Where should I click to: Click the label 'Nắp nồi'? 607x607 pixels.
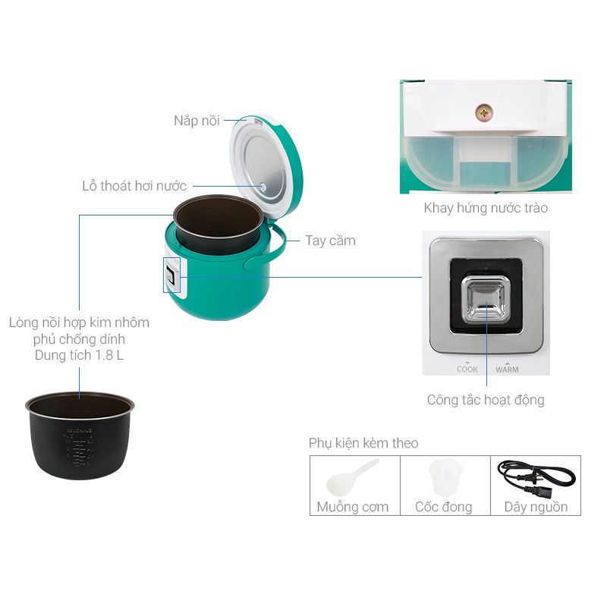(197, 121)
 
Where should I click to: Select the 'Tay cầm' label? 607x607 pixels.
(330, 241)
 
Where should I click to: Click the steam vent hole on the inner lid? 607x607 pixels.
(263, 185)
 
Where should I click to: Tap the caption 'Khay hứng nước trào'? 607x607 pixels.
(486, 208)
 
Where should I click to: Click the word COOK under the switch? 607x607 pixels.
(467, 370)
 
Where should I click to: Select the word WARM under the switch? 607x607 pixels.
(507, 370)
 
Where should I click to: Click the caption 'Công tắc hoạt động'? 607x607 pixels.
(486, 399)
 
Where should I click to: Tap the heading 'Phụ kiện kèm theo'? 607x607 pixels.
(363, 443)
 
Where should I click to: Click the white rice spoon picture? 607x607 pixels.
(352, 477)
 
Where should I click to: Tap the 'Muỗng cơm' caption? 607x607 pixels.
(353, 507)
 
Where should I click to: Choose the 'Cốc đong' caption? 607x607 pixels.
(443, 507)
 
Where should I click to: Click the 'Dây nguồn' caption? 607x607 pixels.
(536, 507)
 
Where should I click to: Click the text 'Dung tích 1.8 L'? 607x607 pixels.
(80, 355)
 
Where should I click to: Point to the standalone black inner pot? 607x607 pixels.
(80, 436)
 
